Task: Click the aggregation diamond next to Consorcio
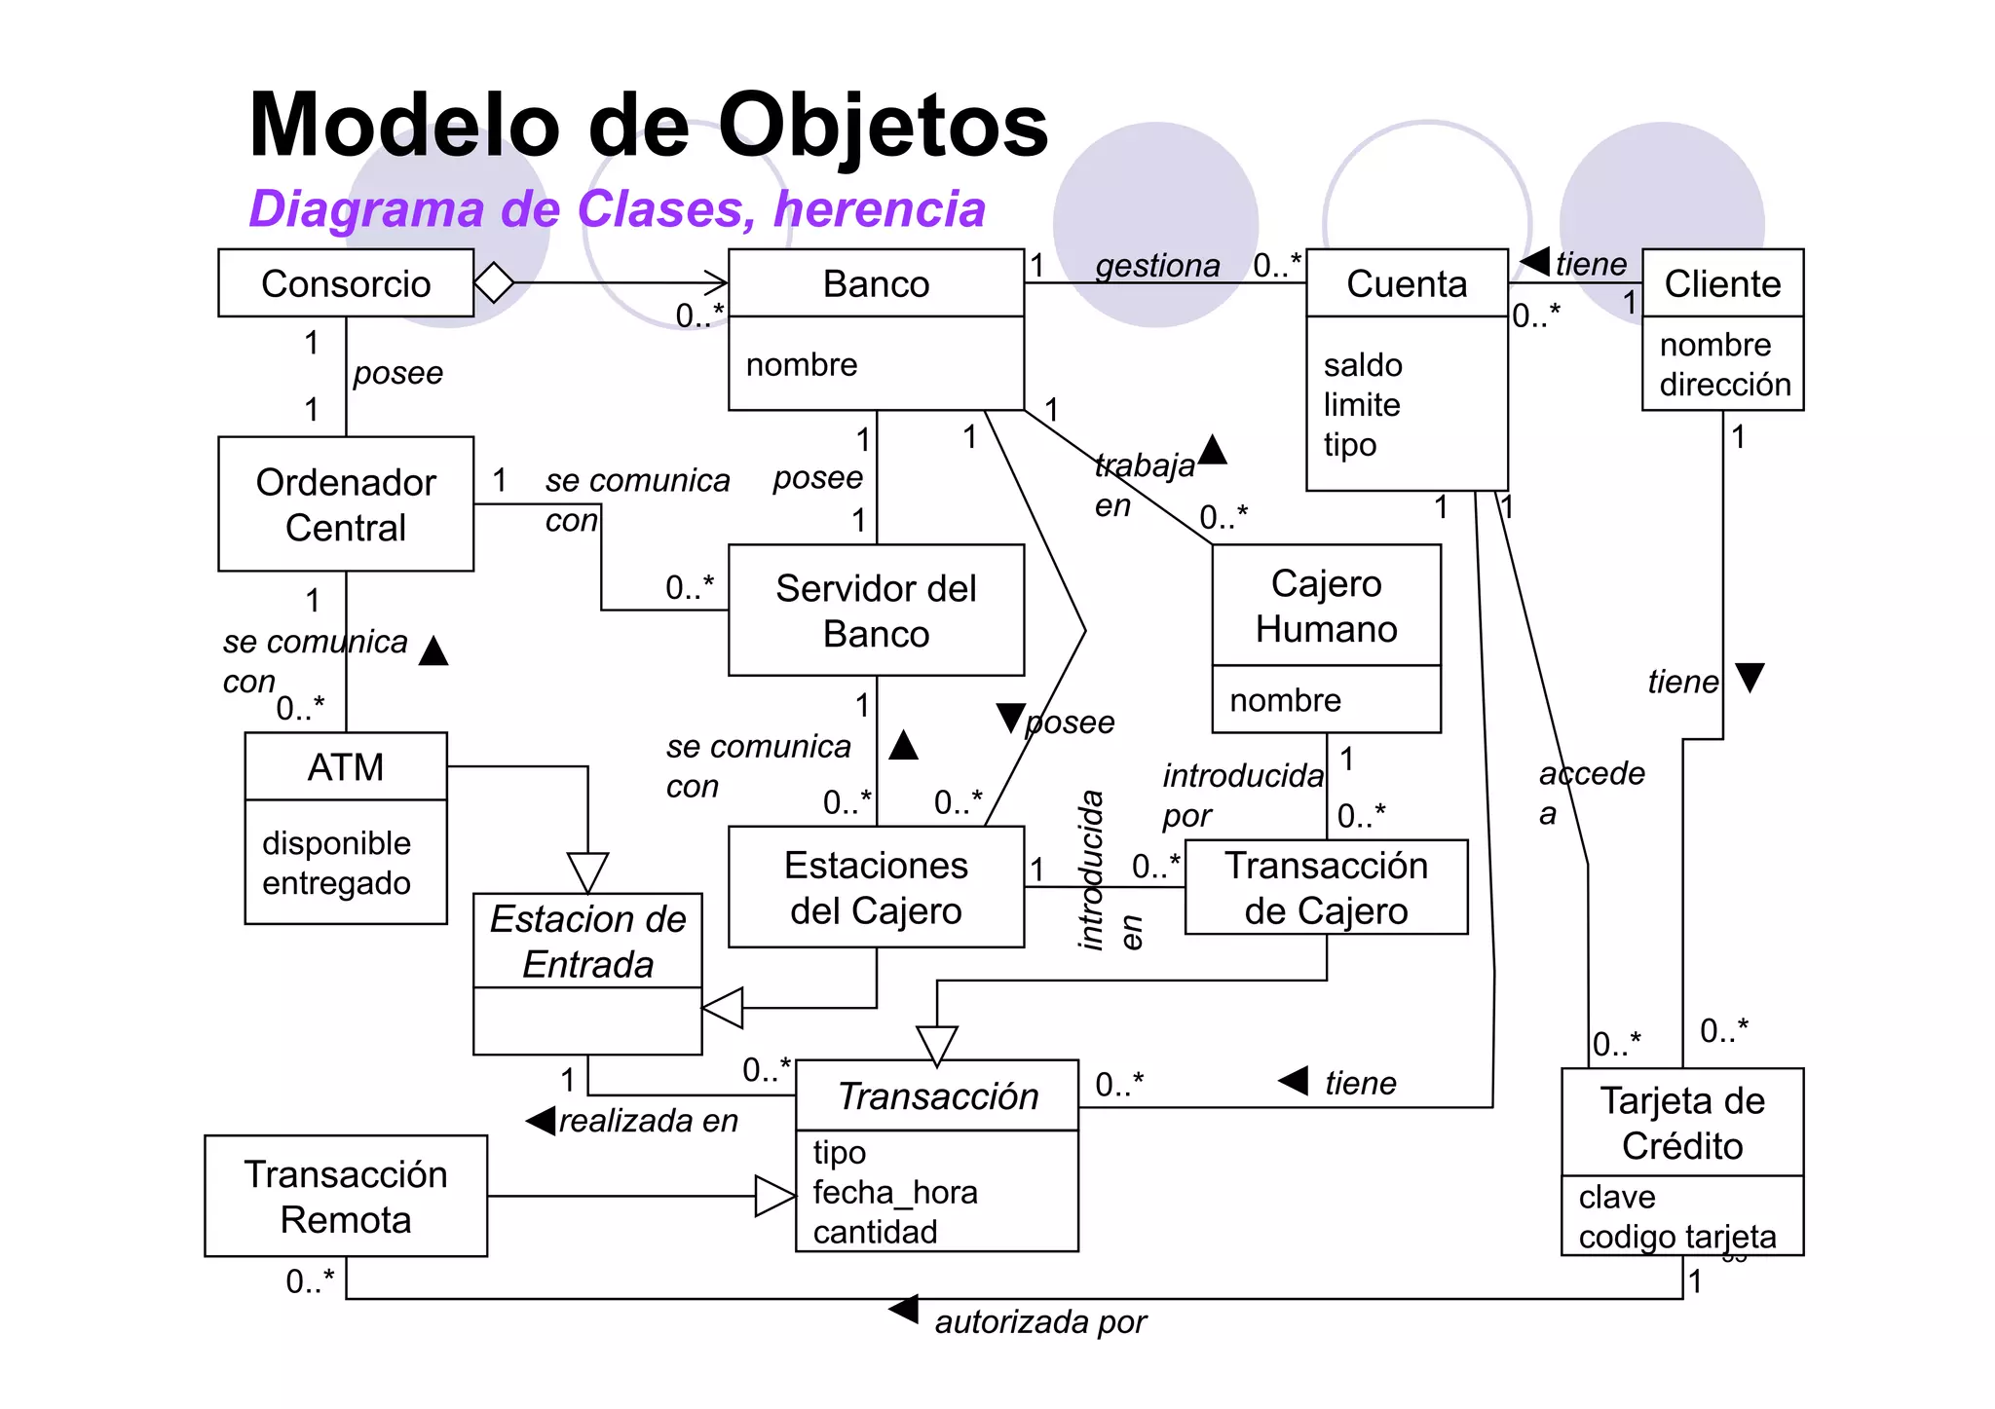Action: point(494,283)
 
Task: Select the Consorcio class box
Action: point(346,283)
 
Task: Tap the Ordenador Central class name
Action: point(346,504)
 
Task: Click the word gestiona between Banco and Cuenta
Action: point(1157,265)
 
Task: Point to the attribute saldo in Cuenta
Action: point(1363,365)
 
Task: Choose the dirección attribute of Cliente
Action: point(1724,385)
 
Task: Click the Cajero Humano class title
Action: point(1326,606)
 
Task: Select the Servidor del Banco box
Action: point(876,611)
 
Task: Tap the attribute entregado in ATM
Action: point(336,883)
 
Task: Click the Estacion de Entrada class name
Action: point(587,941)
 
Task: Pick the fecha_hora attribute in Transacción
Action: point(894,1192)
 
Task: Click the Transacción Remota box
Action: point(346,1196)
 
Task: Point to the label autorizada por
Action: point(1039,1322)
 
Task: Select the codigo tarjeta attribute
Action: point(1676,1237)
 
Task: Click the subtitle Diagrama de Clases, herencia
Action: point(617,209)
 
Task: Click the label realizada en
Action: point(648,1121)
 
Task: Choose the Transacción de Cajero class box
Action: point(1326,887)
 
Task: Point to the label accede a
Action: point(1590,792)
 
